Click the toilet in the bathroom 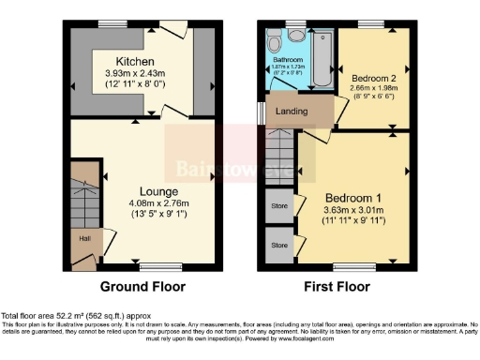click(273, 42)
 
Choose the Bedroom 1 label click(354, 199)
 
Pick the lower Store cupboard click(278, 246)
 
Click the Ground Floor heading click(142, 287)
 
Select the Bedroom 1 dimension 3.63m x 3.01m click(354, 212)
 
